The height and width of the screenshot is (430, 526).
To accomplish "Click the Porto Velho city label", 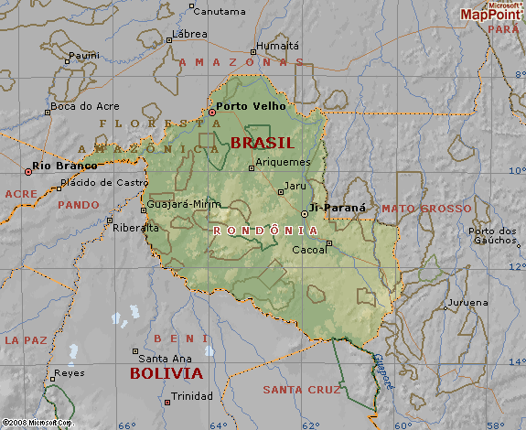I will [x=252, y=106].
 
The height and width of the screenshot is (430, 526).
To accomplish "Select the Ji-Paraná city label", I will [x=338, y=208].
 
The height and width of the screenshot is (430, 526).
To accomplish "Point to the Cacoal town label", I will [x=308, y=249].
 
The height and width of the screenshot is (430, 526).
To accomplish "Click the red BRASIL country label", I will [x=262, y=143].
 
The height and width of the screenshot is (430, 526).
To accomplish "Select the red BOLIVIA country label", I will [x=166, y=373].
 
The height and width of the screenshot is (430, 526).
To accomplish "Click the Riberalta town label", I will [x=135, y=228].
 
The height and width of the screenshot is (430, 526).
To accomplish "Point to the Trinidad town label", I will [x=192, y=396].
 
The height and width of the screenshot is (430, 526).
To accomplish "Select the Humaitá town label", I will [x=278, y=45].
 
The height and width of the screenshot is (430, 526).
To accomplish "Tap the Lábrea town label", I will [x=189, y=34].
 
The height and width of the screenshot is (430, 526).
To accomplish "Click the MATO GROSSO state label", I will [x=426, y=209].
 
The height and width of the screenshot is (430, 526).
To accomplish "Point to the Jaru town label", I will [x=295, y=186].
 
